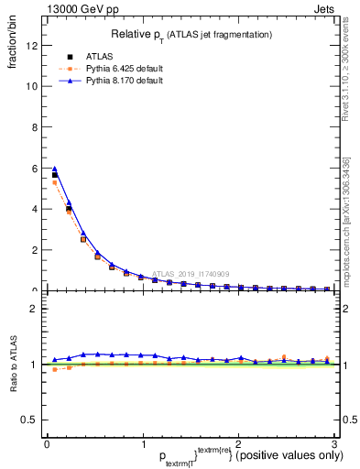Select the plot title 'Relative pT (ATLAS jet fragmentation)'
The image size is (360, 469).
click(192, 34)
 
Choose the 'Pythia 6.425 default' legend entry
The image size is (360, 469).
click(110, 69)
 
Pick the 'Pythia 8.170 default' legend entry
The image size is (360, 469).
click(110, 82)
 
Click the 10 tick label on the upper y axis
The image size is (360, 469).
click(33, 86)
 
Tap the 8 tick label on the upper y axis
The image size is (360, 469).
click(36, 127)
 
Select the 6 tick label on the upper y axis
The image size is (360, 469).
click(36, 168)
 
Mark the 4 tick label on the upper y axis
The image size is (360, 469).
click(36, 209)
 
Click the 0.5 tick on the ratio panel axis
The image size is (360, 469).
click(30, 420)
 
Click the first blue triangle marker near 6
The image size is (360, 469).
click(55, 169)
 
